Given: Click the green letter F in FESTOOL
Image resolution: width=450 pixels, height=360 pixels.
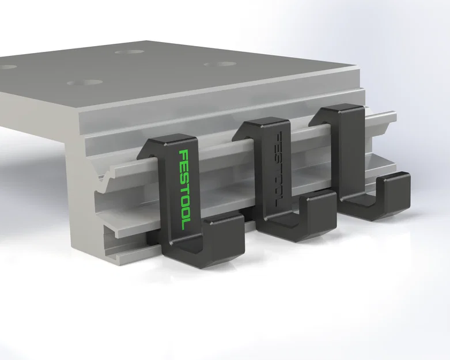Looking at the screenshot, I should tap(184, 155).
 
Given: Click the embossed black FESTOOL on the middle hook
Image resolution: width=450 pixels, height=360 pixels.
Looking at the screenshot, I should tap(278, 168).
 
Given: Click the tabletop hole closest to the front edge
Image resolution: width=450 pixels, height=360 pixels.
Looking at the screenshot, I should tap(81, 83).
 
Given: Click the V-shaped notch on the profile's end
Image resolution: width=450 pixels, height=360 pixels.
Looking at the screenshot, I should tap(104, 184).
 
